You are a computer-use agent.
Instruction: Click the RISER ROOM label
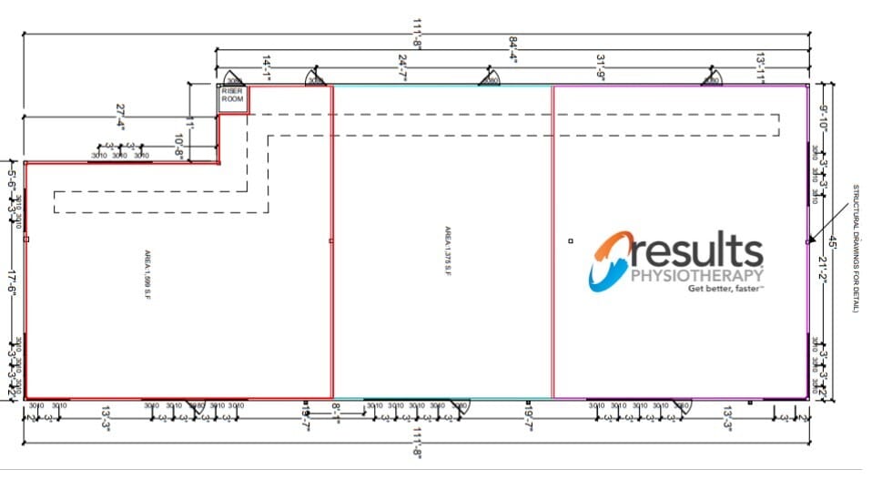[x=233, y=96]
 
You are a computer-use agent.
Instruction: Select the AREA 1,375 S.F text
[x=447, y=252]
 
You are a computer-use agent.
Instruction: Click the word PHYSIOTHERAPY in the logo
[x=696, y=275]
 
